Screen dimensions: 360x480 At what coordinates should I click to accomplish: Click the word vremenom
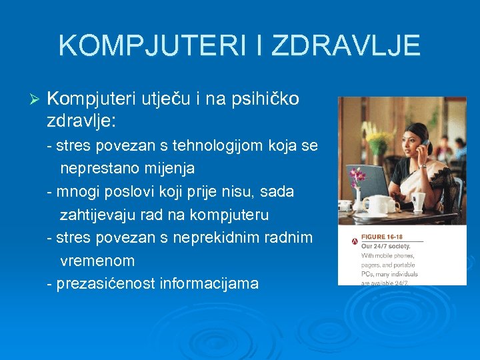tap(97, 261)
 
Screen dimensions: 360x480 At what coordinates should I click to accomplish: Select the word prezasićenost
tap(106, 284)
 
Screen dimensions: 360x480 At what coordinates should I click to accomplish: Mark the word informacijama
tap(209, 284)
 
